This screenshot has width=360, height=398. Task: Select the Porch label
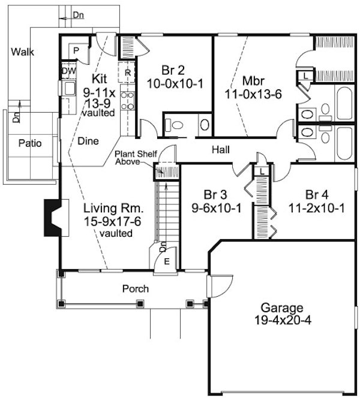135,289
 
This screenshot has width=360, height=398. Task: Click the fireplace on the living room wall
52,219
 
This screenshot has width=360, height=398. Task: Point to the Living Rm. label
113,209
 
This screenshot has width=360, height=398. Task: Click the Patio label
29,143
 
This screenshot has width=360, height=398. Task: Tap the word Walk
22,52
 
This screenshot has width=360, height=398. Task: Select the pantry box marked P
77,51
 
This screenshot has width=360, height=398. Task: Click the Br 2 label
174,68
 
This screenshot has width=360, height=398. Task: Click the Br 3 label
215,195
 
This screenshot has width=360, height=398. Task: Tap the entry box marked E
166,261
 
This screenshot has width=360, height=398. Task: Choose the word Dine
89,141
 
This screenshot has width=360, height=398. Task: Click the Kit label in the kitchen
100,79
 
